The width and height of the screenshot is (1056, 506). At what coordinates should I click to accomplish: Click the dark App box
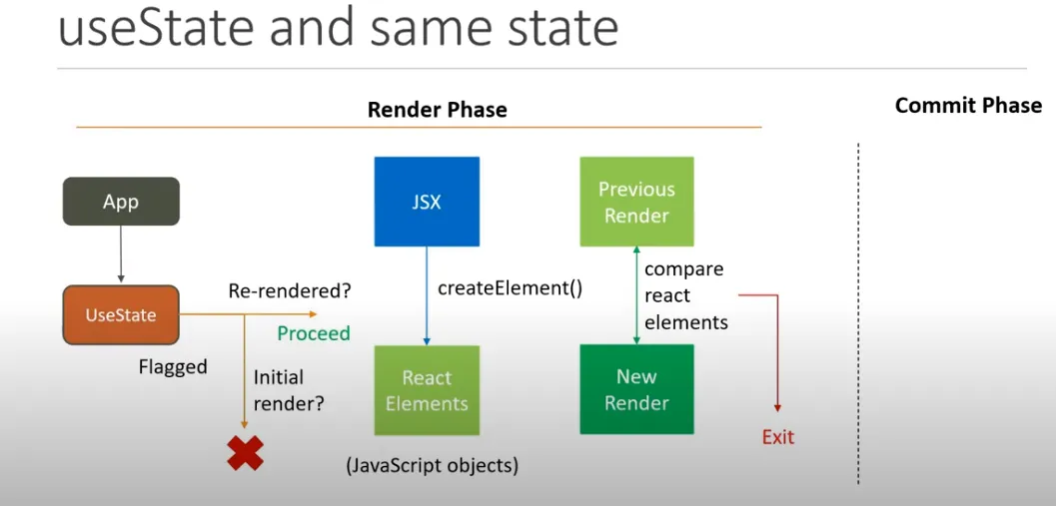(x=121, y=202)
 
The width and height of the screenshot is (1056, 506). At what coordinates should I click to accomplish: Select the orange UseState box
(x=121, y=315)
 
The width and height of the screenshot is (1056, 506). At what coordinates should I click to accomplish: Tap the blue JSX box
(x=427, y=202)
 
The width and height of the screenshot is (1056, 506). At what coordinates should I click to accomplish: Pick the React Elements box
(x=427, y=390)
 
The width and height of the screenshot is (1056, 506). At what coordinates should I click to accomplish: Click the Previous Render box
(x=636, y=202)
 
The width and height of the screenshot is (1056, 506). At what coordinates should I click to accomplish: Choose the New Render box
(x=636, y=389)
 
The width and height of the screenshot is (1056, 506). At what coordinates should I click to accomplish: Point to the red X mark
(x=244, y=453)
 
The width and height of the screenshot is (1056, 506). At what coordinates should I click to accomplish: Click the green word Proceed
(x=314, y=333)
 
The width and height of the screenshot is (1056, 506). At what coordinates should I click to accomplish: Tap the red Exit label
(x=778, y=437)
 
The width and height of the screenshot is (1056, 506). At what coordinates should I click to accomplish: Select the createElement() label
(x=510, y=288)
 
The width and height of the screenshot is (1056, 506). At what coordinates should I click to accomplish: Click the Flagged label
(x=173, y=367)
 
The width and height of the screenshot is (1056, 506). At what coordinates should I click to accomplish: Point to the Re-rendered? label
(x=290, y=291)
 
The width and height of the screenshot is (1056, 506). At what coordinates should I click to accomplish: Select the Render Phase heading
(x=437, y=110)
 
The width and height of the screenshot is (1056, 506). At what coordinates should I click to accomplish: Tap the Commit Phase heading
(x=967, y=106)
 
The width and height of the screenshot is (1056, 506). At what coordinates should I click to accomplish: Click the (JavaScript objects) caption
(x=432, y=465)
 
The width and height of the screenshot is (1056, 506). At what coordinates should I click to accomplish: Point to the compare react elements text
(x=685, y=295)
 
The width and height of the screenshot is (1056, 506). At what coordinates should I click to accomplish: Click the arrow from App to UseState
(x=121, y=255)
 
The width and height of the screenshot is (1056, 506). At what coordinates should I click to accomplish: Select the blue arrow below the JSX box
(x=427, y=295)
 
